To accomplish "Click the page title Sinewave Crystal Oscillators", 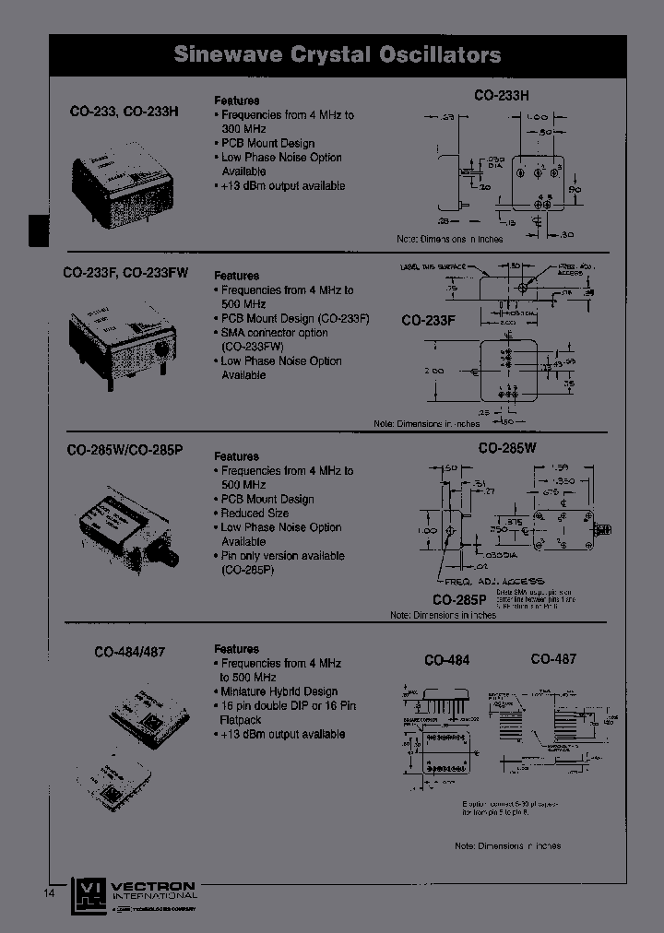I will click(338, 55).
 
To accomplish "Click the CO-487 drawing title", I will click(553, 659).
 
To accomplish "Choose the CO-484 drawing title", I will click(446, 660).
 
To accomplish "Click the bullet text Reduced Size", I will click(255, 514).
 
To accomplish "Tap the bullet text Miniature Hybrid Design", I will click(279, 691).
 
